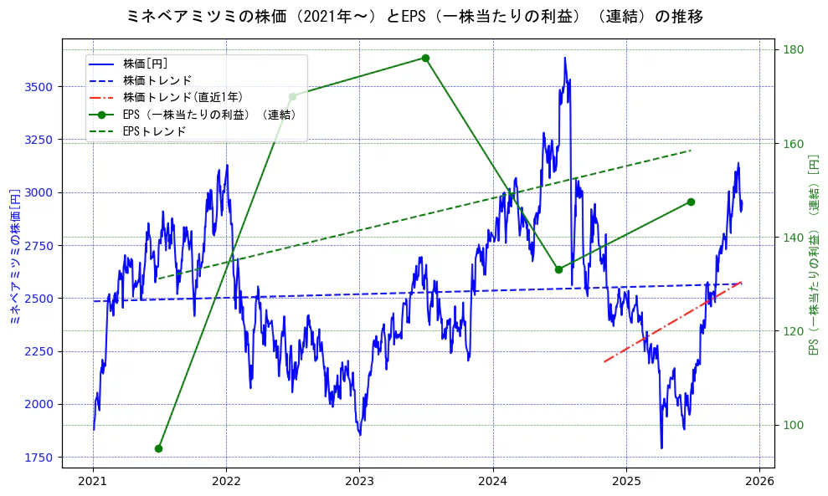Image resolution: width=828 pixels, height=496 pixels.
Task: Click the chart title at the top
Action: coord(414,16)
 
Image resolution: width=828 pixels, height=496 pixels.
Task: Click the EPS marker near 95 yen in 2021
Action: coord(158,448)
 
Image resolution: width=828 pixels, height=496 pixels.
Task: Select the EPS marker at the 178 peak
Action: coord(425,58)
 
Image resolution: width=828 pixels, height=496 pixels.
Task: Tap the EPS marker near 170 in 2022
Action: coord(292,96)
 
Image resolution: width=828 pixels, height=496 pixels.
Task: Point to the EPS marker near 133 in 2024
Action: coord(558,269)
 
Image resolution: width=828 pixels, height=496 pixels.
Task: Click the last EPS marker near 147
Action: coord(691,202)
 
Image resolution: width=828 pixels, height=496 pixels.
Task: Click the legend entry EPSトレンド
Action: coord(154,131)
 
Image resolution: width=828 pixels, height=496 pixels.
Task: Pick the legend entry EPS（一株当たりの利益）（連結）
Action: coord(209,115)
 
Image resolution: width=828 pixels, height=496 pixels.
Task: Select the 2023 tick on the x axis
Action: coord(359,481)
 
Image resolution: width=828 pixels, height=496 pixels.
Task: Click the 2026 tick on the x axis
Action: coord(759,481)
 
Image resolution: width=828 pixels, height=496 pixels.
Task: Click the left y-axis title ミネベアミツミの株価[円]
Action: coord(13,256)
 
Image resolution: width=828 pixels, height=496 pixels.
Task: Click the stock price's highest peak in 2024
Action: coord(565,58)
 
